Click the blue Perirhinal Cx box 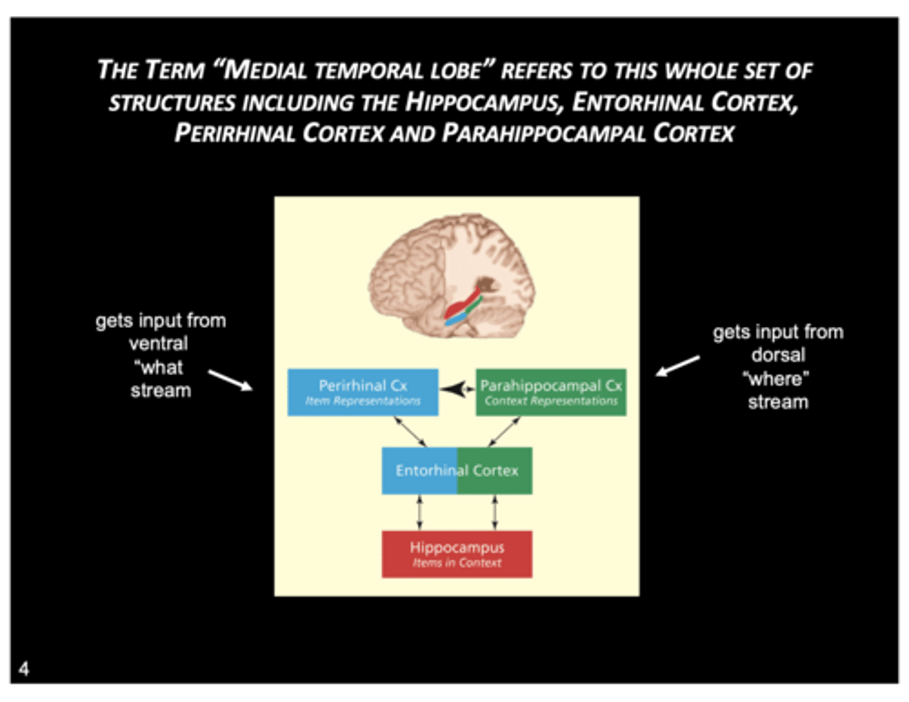click(x=362, y=392)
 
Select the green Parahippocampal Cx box click(x=550, y=392)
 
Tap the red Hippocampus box click(x=456, y=554)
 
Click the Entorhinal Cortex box click(x=456, y=470)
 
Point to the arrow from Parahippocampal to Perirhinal click(x=457, y=389)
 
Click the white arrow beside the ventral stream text click(x=230, y=380)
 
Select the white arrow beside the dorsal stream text click(x=677, y=366)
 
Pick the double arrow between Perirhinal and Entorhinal click(x=410, y=432)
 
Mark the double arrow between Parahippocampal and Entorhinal click(x=504, y=432)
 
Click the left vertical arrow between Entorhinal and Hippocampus click(x=419, y=512)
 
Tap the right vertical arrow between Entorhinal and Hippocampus click(x=494, y=512)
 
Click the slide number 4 click(x=24, y=669)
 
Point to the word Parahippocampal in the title click(x=544, y=133)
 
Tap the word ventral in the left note click(x=158, y=344)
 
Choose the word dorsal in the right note click(x=778, y=355)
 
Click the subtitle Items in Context click(x=456, y=563)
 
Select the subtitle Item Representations click(x=362, y=401)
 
